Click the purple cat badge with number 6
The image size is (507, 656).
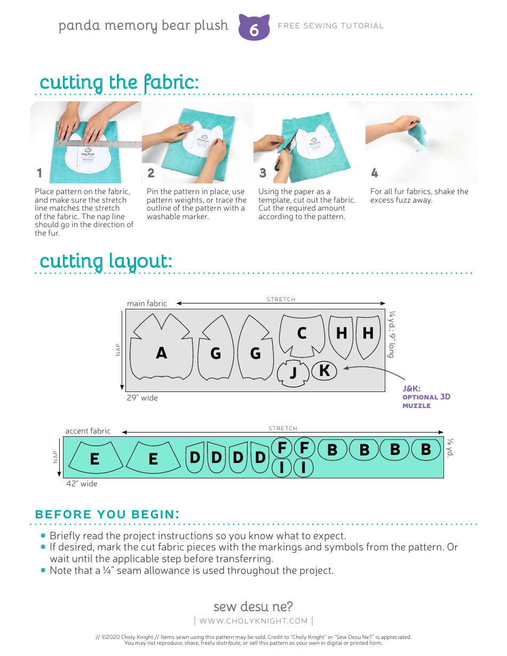click(253, 28)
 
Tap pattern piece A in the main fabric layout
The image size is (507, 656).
click(161, 353)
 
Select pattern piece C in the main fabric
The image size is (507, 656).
click(302, 333)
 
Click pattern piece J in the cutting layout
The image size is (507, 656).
click(293, 372)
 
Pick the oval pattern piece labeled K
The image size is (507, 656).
click(324, 370)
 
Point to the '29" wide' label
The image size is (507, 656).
click(142, 398)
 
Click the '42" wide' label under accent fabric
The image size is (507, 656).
click(82, 484)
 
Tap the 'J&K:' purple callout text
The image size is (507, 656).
click(411, 389)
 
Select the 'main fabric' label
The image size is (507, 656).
click(147, 303)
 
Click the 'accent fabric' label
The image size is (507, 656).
click(88, 431)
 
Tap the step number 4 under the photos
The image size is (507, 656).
click(374, 173)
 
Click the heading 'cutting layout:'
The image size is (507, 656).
click(106, 261)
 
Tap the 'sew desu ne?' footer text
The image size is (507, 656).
click(253, 606)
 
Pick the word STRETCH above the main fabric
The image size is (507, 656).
click(281, 299)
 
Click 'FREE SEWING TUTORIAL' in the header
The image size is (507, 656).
click(331, 26)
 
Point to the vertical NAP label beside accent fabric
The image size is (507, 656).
click(56, 457)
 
